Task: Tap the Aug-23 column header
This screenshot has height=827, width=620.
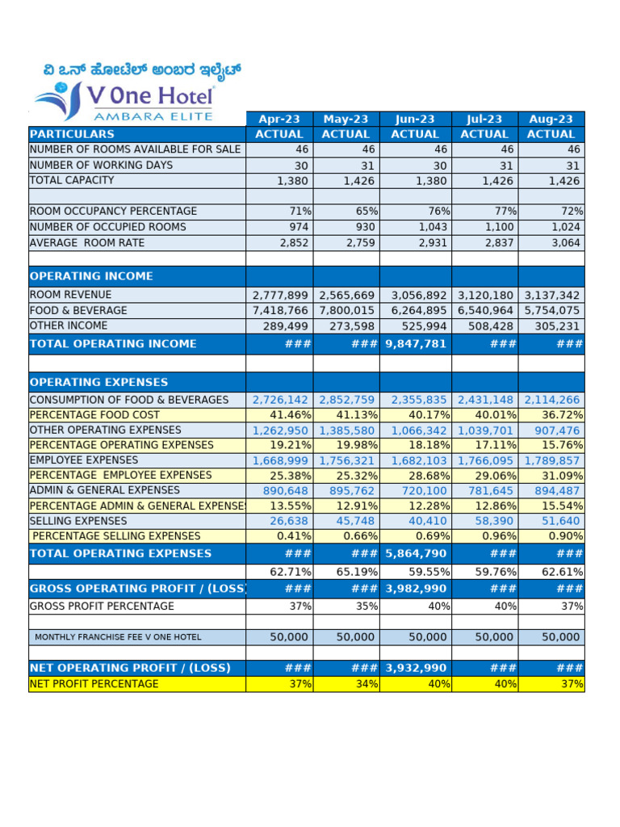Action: (551, 120)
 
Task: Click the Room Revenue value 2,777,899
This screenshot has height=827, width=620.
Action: (280, 296)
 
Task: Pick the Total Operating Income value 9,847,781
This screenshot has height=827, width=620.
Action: (415, 344)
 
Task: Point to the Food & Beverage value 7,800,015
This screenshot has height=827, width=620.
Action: (346, 311)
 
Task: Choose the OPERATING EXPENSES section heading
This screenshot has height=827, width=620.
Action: (98, 382)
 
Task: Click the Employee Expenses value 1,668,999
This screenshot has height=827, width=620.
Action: (280, 460)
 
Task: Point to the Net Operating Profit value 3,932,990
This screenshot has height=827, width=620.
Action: (415, 668)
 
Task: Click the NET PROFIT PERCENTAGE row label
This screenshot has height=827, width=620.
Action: (94, 684)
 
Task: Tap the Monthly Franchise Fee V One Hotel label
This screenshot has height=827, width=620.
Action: (118, 637)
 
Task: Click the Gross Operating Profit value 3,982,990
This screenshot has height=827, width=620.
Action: (415, 589)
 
